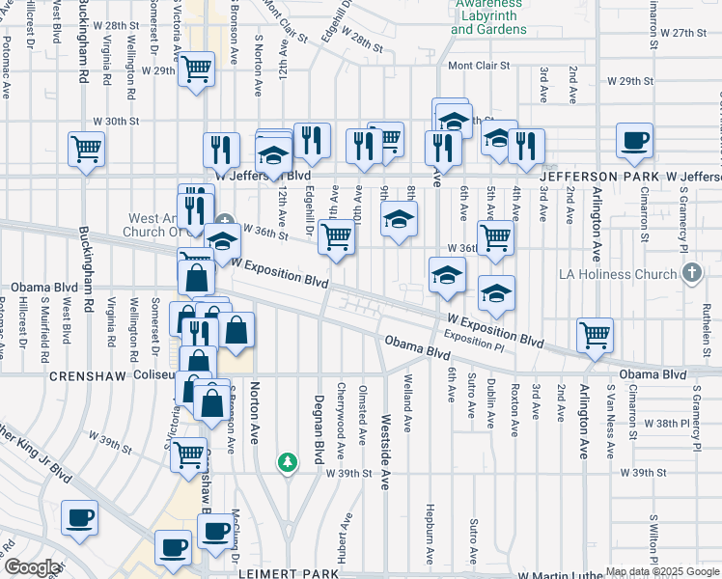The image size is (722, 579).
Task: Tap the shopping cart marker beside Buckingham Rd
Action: [86, 150]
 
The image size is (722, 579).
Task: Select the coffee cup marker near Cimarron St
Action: [634, 141]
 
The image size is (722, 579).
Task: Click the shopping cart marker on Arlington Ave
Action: [596, 336]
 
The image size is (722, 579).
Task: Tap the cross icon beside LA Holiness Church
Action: [690, 274]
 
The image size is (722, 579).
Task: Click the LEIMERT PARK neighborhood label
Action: [290, 573]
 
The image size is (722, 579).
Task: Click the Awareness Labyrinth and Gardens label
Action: [488, 16]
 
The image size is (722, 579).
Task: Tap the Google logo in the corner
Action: [32, 567]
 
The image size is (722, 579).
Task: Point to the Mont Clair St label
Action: [479, 67]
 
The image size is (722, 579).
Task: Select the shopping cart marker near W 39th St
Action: [189, 454]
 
